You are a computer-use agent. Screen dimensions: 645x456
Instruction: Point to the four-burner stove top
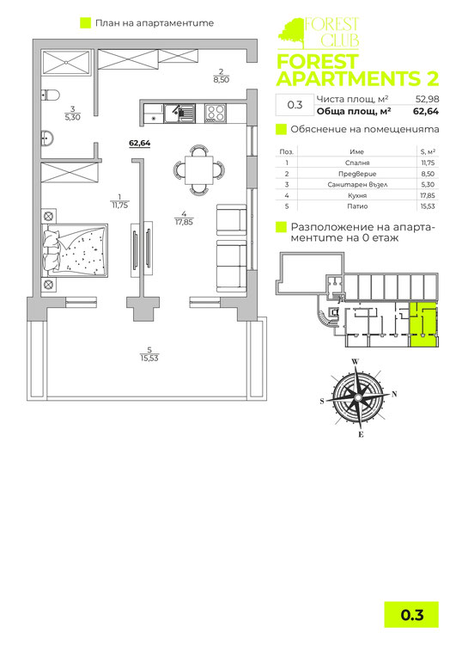click(215, 112)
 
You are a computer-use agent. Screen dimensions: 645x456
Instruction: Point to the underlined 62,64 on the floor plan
click(139, 144)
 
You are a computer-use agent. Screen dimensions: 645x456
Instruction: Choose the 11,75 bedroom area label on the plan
click(119, 205)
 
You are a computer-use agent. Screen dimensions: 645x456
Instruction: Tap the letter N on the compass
click(394, 394)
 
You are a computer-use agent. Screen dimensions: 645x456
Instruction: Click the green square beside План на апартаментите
click(85, 23)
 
